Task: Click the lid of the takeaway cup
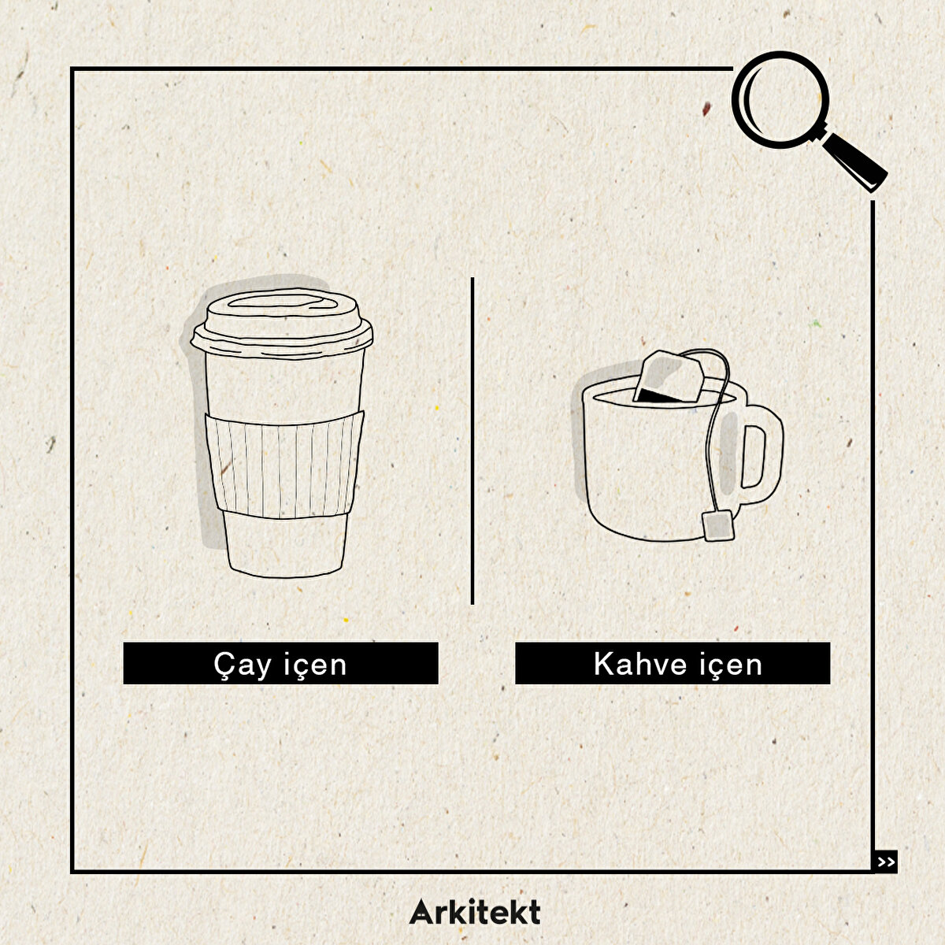[x=281, y=324]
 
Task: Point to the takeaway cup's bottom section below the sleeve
[x=285, y=545]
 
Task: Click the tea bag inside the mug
[x=669, y=378]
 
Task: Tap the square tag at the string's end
[x=719, y=525]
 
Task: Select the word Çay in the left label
[x=243, y=665]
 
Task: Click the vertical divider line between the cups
[x=472, y=440]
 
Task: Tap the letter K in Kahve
[x=604, y=664]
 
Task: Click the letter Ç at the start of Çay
[x=224, y=666]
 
